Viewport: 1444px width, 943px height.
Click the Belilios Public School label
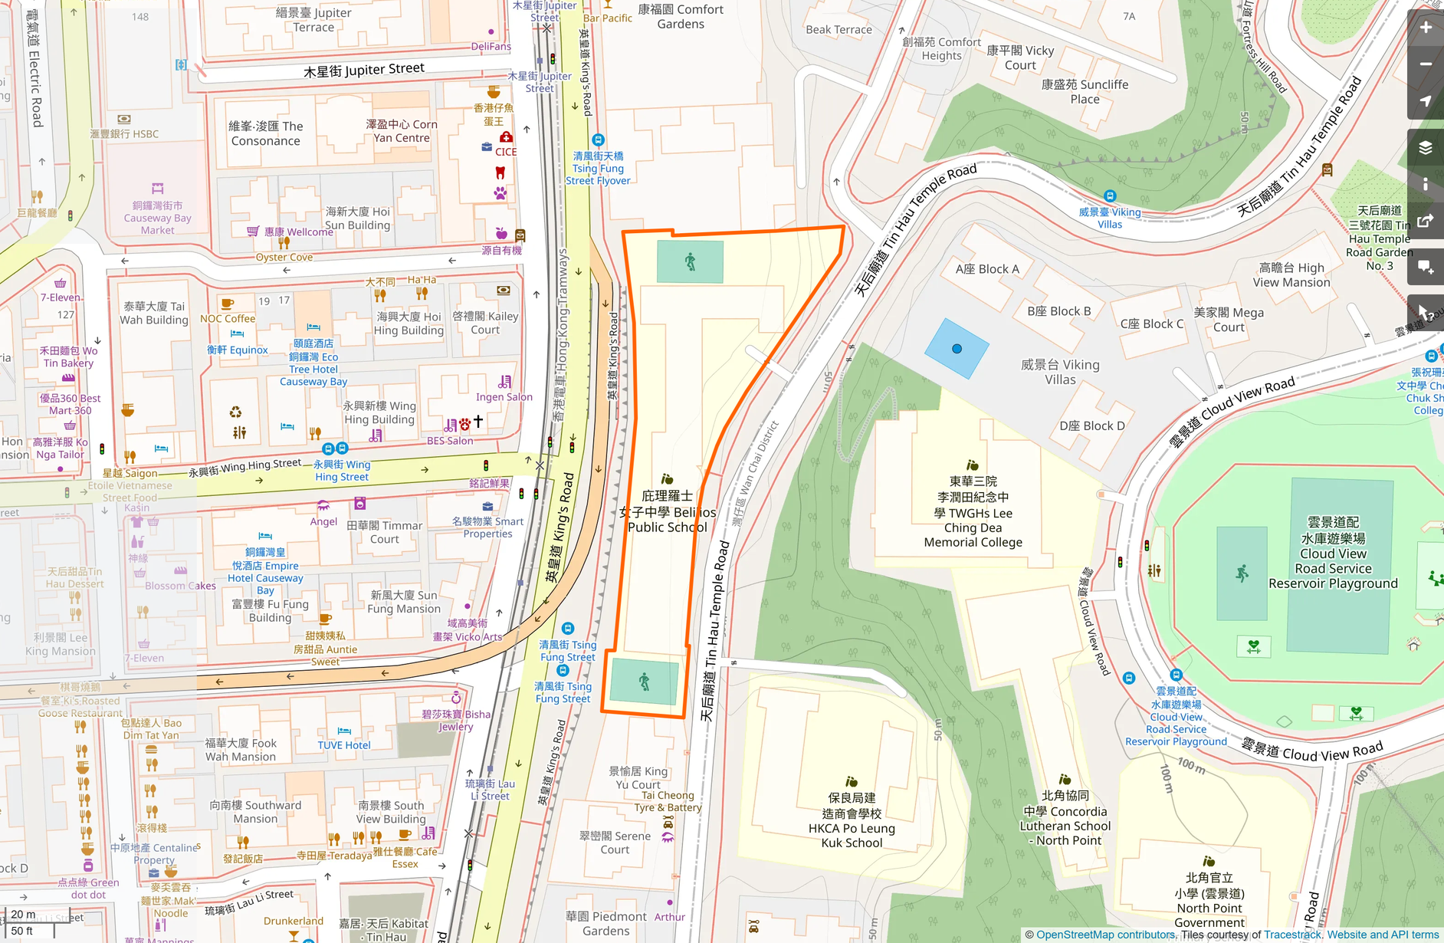(x=667, y=511)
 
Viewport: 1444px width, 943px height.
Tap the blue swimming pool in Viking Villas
(x=957, y=349)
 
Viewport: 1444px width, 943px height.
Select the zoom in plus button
(x=1426, y=28)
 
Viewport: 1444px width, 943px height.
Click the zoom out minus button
(x=1426, y=64)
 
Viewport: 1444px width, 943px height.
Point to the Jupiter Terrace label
(x=313, y=20)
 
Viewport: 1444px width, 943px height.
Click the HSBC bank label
(x=124, y=133)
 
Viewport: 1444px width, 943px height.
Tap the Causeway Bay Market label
(x=157, y=218)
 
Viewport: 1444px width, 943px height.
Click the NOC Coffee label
(x=228, y=318)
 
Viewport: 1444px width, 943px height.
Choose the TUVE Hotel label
(x=344, y=744)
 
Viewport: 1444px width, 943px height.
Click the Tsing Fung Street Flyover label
(x=598, y=168)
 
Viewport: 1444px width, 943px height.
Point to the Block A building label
(x=987, y=269)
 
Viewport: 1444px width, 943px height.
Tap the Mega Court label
(x=1229, y=320)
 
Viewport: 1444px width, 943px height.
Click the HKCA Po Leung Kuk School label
(x=852, y=820)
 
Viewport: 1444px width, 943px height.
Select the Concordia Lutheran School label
(x=1065, y=818)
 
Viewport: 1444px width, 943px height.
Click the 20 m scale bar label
(x=23, y=914)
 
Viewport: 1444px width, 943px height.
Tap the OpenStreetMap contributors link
(x=1105, y=935)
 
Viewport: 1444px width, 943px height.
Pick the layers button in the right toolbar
(x=1426, y=147)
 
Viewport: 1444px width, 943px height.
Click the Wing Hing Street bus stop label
(x=342, y=470)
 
